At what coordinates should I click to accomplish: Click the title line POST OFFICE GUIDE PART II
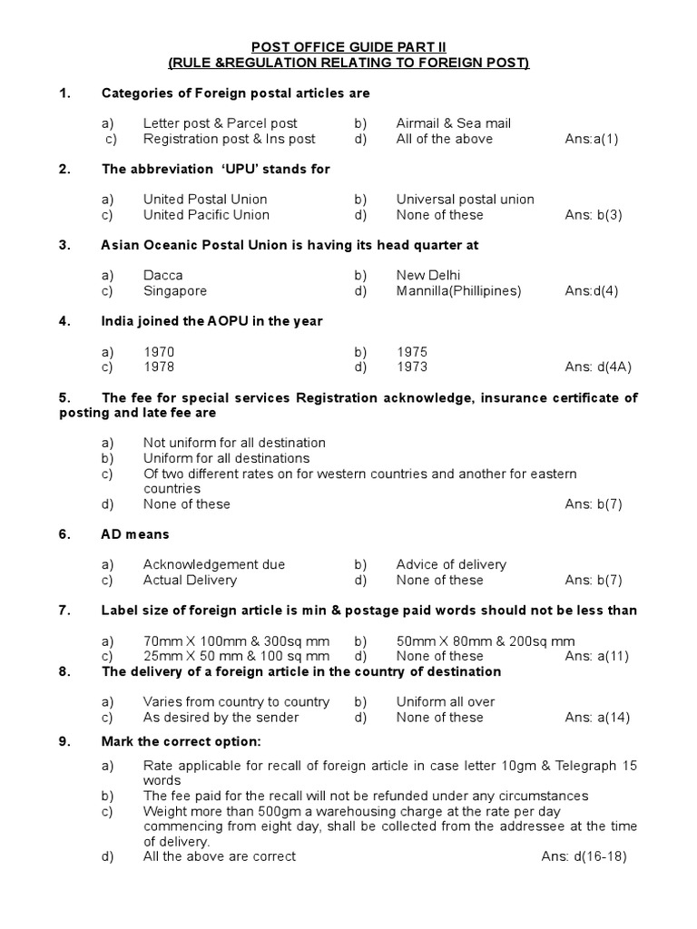pyautogui.click(x=348, y=46)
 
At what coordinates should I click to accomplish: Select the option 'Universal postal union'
pyautogui.click(x=465, y=200)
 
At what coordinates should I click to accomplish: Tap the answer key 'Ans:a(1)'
pyautogui.click(x=591, y=139)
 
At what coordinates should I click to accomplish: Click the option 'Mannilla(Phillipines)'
pyautogui.click(x=458, y=291)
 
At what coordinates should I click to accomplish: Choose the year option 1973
pyautogui.click(x=411, y=367)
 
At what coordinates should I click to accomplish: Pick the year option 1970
pyautogui.click(x=159, y=352)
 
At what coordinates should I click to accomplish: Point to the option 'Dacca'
pyautogui.click(x=162, y=276)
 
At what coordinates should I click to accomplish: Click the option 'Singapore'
pyautogui.click(x=174, y=291)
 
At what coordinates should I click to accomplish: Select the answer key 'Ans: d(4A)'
pyautogui.click(x=598, y=367)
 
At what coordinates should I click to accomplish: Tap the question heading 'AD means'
pyautogui.click(x=135, y=534)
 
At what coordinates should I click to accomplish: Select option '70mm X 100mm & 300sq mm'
pyautogui.click(x=236, y=641)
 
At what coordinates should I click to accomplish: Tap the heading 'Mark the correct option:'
pyautogui.click(x=181, y=741)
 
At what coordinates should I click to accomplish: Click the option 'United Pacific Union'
pyautogui.click(x=206, y=215)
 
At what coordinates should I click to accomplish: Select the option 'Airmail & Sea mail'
pyautogui.click(x=453, y=123)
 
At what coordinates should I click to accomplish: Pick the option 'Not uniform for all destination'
pyautogui.click(x=234, y=443)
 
